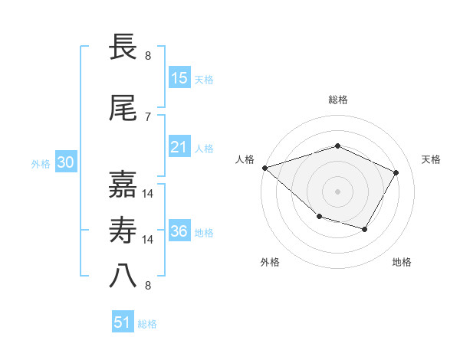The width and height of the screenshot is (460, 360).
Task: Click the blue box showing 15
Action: [179, 78]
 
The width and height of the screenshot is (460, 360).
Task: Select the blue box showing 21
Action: [179, 147]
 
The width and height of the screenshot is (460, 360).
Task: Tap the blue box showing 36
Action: [179, 231]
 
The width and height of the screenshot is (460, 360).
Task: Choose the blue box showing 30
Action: [65, 162]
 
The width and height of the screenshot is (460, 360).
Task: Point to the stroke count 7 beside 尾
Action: [148, 116]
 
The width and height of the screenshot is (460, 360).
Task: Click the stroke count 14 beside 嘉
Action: [148, 193]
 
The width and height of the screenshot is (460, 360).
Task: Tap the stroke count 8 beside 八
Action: [148, 286]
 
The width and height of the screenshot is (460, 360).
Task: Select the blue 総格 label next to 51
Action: [147, 324]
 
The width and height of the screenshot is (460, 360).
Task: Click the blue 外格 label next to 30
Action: [41, 163]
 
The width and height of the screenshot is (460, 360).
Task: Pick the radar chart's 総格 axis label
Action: [338, 100]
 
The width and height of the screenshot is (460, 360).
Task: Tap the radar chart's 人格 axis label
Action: [245, 159]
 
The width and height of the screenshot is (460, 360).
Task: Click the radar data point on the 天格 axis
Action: [396, 172]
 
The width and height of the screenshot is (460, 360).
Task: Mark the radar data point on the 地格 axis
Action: [365, 229]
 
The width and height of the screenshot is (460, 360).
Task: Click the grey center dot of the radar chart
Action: [338, 191]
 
